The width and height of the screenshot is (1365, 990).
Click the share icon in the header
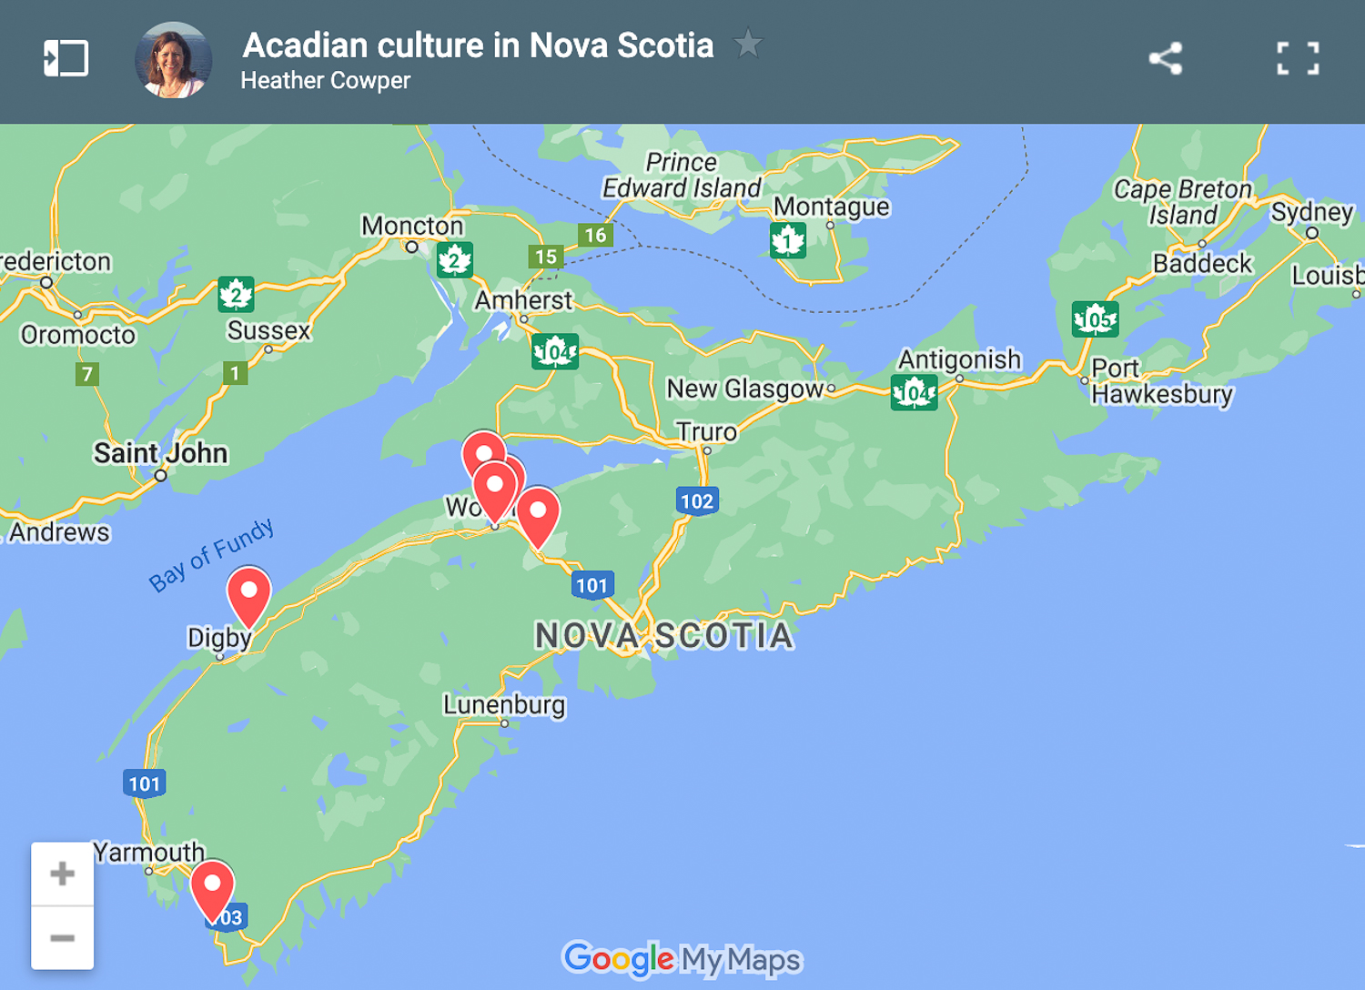tap(1165, 59)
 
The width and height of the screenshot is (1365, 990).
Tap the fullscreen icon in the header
tap(1298, 59)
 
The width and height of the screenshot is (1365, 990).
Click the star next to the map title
tap(748, 43)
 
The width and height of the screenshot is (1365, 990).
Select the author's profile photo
tap(173, 60)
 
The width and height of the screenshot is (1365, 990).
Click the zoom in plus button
tap(62, 874)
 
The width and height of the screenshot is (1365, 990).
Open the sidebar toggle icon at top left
tap(66, 59)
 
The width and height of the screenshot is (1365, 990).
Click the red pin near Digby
tap(248, 593)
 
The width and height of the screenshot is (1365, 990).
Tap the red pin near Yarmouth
tap(212, 887)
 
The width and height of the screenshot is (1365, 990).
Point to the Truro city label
tap(706, 431)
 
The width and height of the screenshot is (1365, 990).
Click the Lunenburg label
tap(504, 705)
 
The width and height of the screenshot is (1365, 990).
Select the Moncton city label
tap(412, 226)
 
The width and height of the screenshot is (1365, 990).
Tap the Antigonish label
tap(959, 359)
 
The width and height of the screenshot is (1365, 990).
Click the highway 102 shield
tap(697, 500)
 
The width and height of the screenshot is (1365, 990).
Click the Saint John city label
tap(160, 453)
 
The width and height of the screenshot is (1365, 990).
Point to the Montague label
tap(831, 207)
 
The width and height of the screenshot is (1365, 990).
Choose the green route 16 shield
tap(595, 236)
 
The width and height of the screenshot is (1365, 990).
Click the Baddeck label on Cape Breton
tap(1202, 264)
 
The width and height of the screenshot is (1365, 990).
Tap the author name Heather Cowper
tap(326, 81)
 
